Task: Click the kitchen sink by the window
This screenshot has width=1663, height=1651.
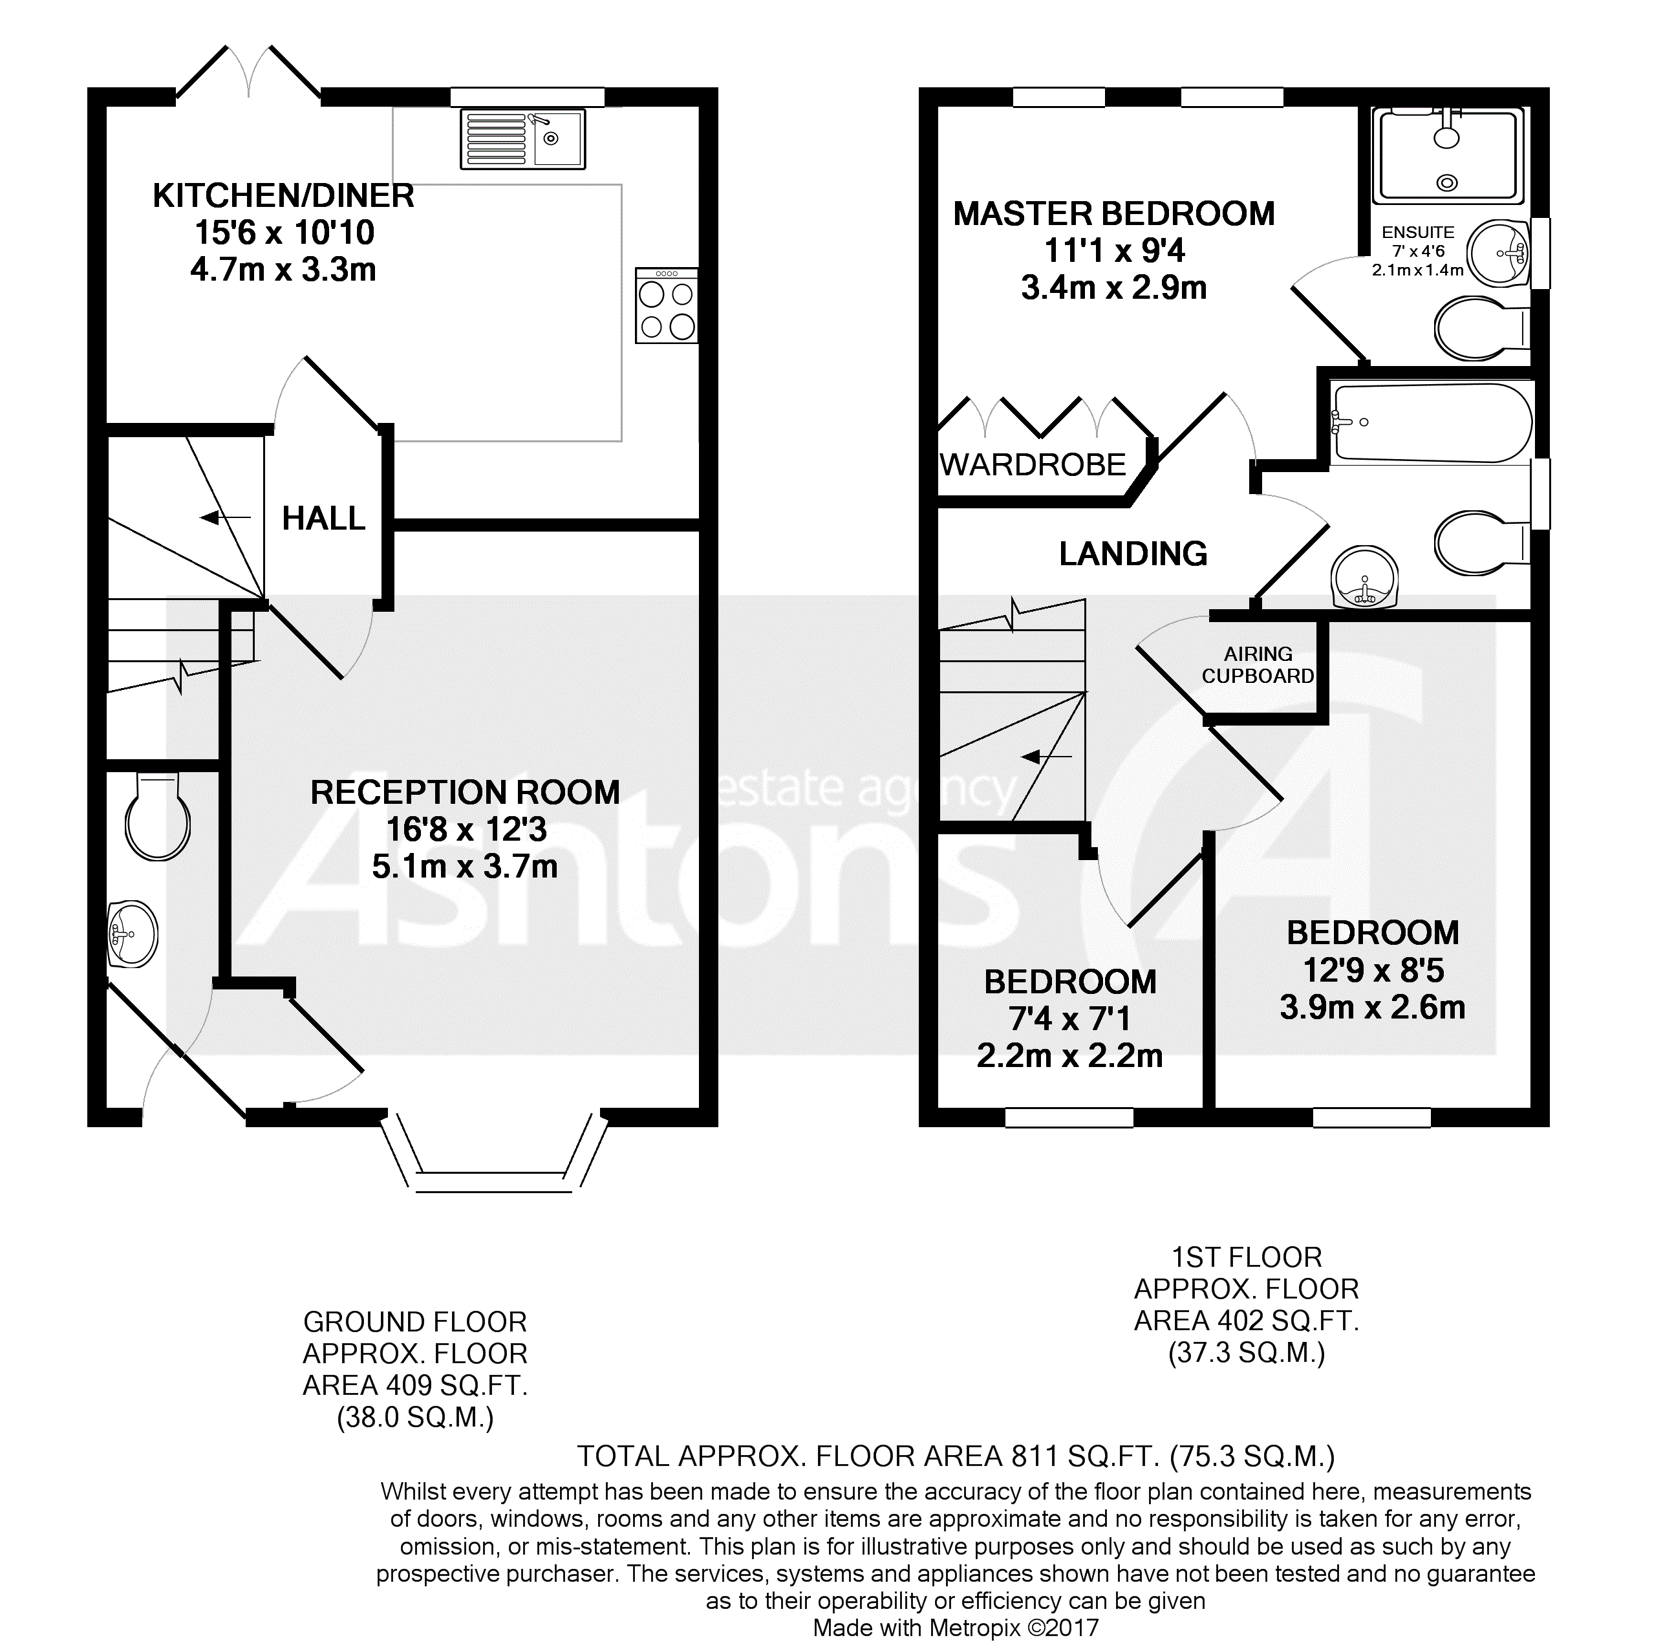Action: (522, 138)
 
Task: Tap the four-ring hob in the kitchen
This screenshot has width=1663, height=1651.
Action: (666, 307)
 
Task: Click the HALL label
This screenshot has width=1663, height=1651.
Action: (324, 518)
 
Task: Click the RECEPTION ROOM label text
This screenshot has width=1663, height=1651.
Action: (465, 793)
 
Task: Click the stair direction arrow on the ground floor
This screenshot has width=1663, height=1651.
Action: (224, 517)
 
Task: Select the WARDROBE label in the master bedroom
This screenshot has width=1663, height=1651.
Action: (1033, 466)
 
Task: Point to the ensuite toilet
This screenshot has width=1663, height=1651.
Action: (1481, 328)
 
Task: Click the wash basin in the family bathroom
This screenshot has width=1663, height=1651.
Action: (1364, 577)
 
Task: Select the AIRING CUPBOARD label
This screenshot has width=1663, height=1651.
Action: (1258, 665)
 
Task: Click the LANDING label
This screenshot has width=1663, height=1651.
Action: (1133, 554)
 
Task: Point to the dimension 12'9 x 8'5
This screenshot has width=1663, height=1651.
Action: (1373, 971)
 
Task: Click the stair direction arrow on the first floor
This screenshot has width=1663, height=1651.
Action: (1046, 757)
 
